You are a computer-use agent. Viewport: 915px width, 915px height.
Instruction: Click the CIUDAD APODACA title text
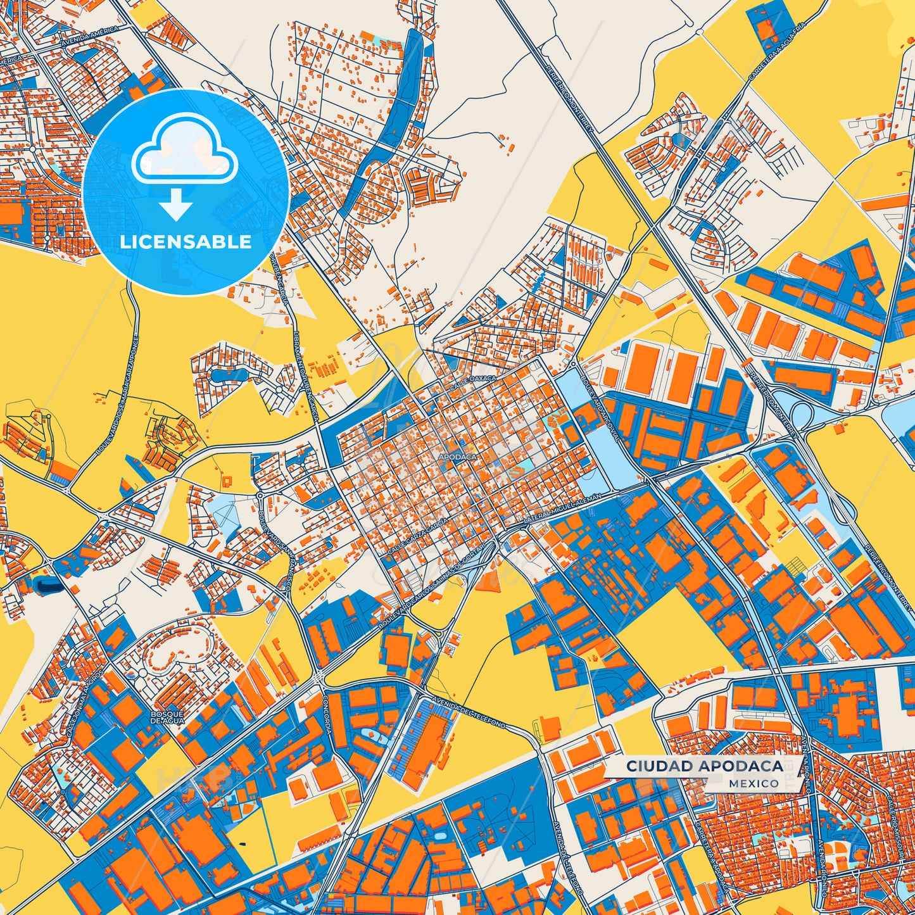[704, 766]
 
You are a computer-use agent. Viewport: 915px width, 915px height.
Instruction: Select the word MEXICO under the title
[754, 783]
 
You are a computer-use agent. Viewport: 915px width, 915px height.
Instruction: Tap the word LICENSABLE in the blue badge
[186, 242]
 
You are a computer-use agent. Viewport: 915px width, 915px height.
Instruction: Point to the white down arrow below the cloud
[176, 205]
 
